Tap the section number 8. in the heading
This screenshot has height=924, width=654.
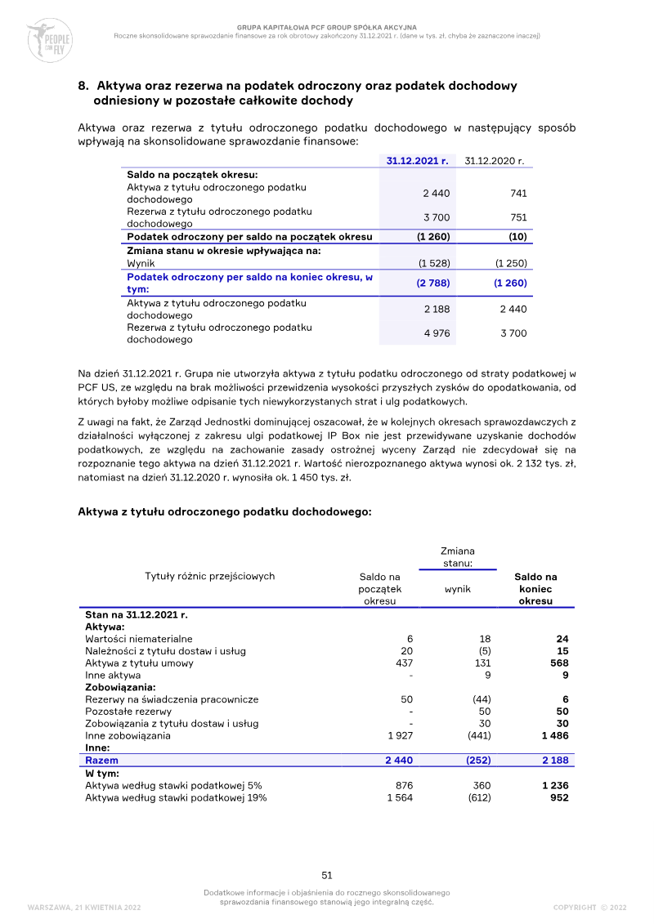[83, 86]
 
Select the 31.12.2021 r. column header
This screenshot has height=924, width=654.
[418, 161]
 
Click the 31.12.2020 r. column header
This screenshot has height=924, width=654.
[494, 161]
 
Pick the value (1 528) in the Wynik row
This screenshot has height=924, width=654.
[433, 264]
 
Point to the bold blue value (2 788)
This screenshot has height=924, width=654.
[433, 283]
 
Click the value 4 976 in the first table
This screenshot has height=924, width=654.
[437, 333]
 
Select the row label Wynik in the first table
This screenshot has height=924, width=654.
[141, 264]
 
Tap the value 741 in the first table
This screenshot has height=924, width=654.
[517, 194]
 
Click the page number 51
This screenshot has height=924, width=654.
[327, 876]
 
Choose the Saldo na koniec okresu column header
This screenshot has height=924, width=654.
[535, 588]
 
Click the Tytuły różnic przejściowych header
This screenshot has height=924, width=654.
[210, 576]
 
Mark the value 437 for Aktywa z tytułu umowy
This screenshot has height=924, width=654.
[404, 663]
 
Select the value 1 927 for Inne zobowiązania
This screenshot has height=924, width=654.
[400, 736]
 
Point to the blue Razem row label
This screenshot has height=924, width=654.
[101, 761]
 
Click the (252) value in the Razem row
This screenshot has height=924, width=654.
[477, 761]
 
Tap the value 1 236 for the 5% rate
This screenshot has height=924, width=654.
[554, 785]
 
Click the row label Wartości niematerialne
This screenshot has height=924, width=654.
[139, 639]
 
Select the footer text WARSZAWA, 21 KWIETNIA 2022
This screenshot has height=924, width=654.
[84, 908]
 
